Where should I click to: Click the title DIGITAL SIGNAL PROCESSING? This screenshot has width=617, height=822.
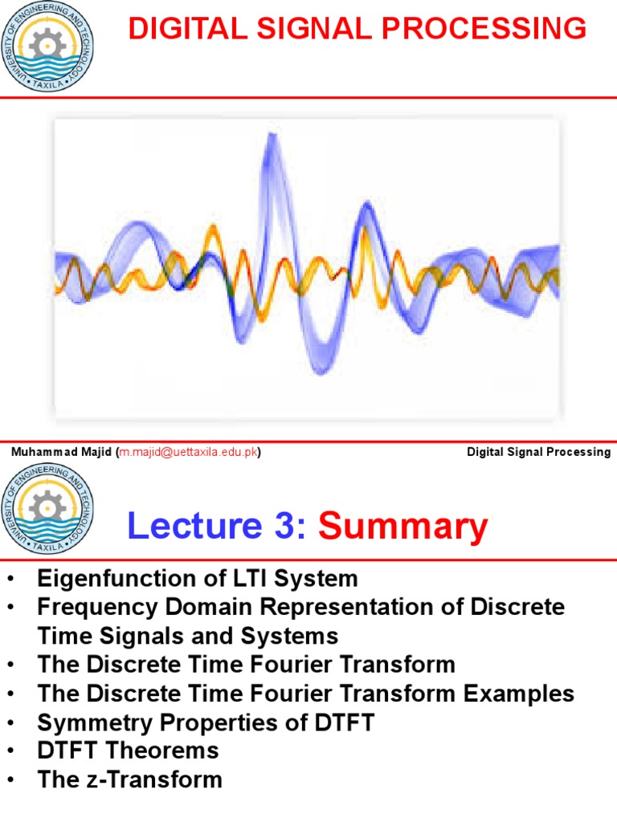tap(358, 30)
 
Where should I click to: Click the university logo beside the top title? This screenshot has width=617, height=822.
tap(47, 46)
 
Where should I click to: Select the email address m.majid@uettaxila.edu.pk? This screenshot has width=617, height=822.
tap(189, 452)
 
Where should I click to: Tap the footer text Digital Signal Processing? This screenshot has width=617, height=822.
tap(538, 452)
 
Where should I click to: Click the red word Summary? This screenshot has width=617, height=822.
tap(403, 527)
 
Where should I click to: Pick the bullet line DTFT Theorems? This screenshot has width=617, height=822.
tap(128, 751)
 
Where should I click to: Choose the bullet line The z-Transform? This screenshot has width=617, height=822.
tap(129, 779)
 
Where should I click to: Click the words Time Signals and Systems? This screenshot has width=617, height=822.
tap(187, 636)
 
